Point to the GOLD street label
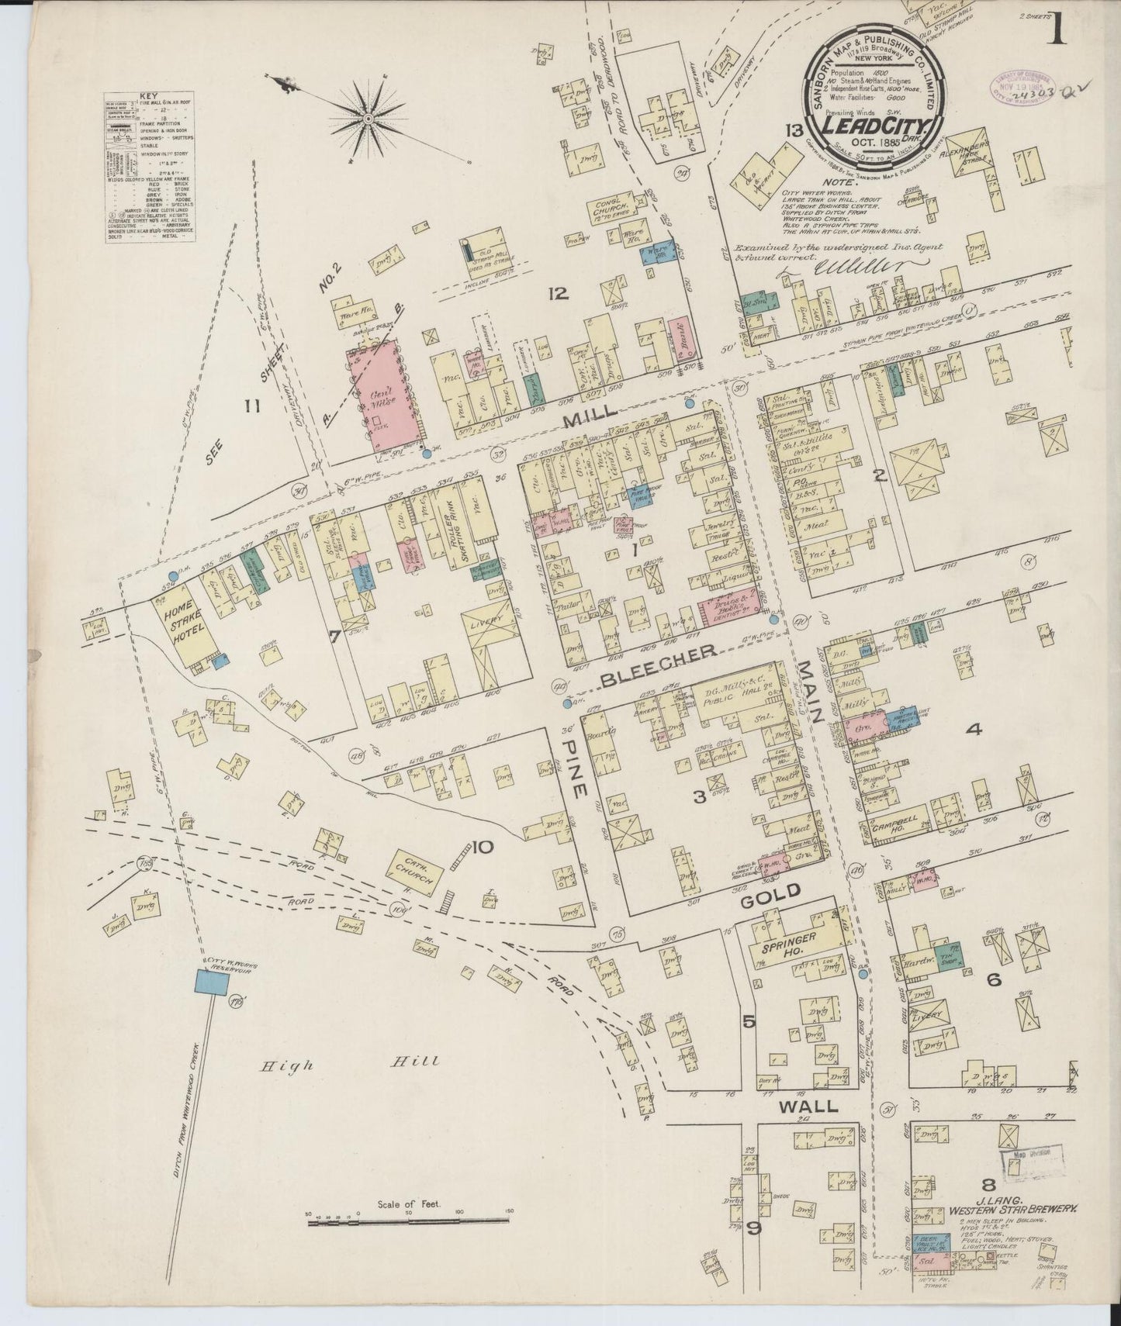(770, 893)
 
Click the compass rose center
(368, 119)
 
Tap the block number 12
(558, 293)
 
